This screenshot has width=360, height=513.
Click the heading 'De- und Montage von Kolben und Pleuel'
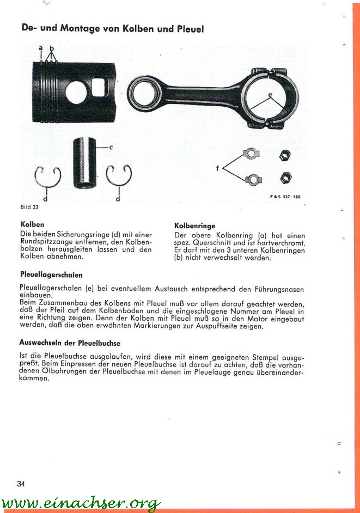[112, 28]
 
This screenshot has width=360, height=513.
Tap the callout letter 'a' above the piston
[41, 48]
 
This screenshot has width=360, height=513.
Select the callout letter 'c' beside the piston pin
[111, 147]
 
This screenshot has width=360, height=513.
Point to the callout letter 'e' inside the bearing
[270, 95]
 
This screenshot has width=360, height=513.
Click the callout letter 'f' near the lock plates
[217, 168]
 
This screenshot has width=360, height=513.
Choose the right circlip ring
[118, 175]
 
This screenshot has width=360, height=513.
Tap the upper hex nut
[284, 156]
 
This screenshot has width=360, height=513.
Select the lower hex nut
[285, 178]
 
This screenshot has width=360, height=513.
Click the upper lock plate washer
[250, 155]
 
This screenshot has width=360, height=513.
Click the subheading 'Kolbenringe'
[194, 225]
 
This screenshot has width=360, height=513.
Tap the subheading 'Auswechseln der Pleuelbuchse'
[70, 344]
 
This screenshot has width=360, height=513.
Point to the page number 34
[22, 484]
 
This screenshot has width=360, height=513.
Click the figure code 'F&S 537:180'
[285, 196]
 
